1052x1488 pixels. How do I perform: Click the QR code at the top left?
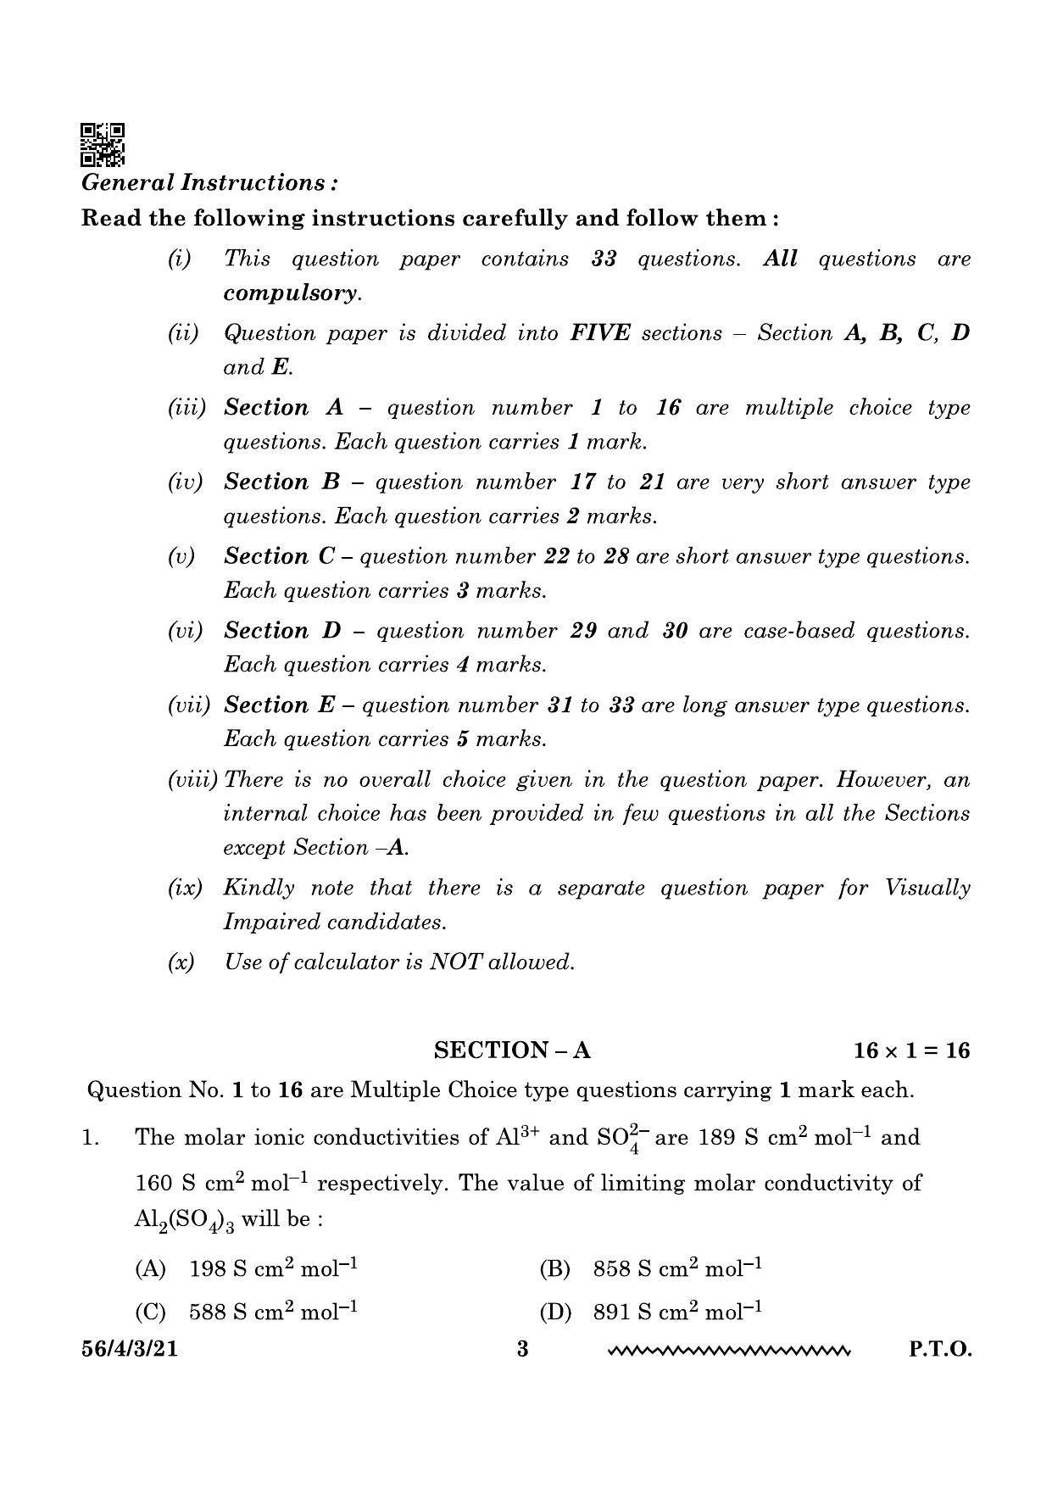tap(102, 144)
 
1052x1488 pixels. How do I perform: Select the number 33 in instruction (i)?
tap(604, 259)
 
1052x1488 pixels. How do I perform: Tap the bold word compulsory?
tap(292, 293)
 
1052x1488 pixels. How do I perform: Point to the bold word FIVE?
tap(600, 333)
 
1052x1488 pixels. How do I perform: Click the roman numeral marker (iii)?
tap(186, 408)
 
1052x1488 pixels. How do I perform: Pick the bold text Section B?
tap(281, 482)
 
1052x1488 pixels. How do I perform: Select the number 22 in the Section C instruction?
tap(551, 557)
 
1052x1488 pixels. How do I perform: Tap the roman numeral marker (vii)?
tap(188, 705)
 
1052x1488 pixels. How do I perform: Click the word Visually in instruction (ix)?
tap(927, 888)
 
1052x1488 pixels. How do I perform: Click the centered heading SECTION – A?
tap(512, 1051)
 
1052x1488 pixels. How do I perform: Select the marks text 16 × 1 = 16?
tap(911, 1051)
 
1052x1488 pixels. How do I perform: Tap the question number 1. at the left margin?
tap(91, 1138)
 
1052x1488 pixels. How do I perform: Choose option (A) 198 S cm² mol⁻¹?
tap(246, 1269)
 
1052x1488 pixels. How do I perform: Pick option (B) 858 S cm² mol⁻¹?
tap(650, 1269)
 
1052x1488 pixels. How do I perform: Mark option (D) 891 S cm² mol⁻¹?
tap(650, 1312)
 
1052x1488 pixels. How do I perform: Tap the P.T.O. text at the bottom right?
tap(940, 1349)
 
